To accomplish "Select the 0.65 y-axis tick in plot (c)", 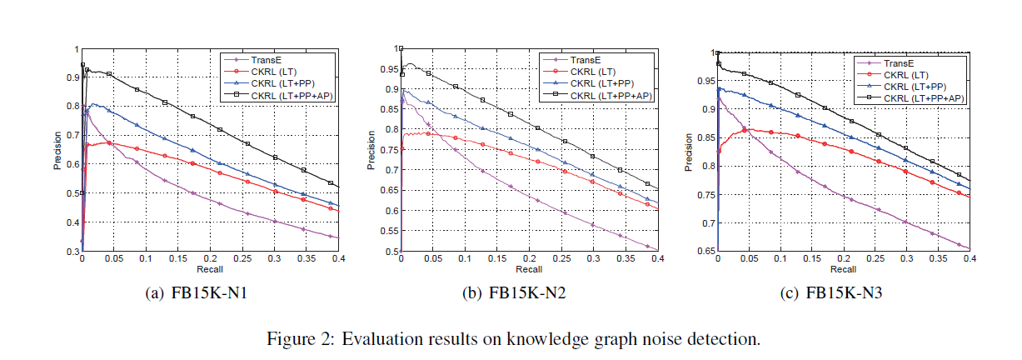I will tap(706, 251).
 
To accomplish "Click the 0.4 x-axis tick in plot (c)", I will tap(970, 259).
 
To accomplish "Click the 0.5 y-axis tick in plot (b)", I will tap(392, 251).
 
